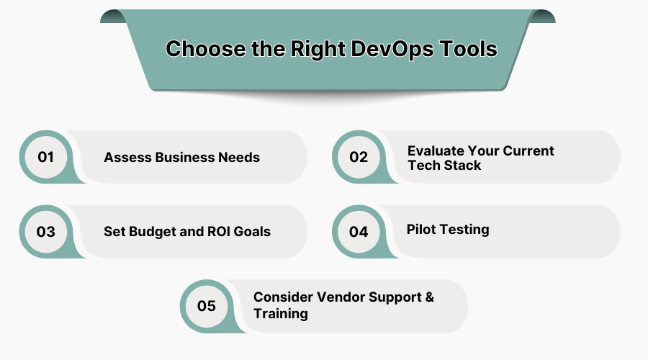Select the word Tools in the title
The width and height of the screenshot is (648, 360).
[x=468, y=49]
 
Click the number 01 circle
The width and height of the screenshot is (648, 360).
[x=46, y=157]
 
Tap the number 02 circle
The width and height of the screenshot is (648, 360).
[x=359, y=157]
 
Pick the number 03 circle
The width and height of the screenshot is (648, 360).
[x=46, y=232]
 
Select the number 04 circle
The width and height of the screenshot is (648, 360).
[x=359, y=232]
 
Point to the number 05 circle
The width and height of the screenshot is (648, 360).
[x=207, y=306]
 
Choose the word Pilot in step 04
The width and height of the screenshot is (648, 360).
[x=420, y=230]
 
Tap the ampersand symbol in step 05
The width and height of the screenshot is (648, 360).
[x=429, y=297]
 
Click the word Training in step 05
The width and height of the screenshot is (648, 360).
[x=281, y=314]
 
